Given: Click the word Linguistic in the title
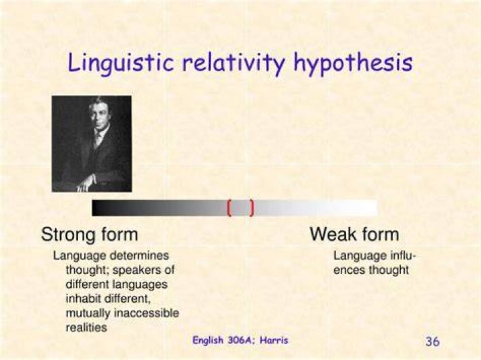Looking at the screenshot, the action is (121, 63).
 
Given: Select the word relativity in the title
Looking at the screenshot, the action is (234, 63).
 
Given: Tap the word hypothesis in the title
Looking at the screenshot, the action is (353, 63).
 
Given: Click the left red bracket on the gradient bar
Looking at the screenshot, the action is (229, 208).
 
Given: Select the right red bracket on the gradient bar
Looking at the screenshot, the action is (252, 208).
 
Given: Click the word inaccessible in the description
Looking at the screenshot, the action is (146, 313).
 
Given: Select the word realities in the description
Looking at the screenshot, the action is (86, 327).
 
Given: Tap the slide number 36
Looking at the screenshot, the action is (432, 341).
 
